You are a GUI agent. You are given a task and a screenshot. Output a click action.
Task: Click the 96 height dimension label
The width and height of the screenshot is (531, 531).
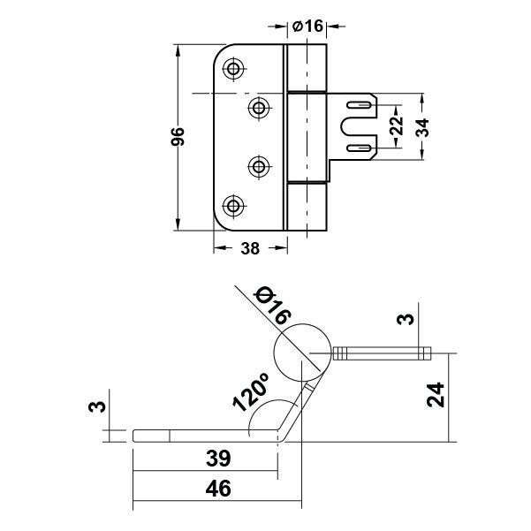click(177, 136)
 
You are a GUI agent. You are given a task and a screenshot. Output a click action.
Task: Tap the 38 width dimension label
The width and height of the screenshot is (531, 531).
click(250, 248)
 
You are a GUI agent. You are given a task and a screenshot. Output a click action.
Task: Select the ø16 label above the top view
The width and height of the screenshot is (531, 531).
click(307, 26)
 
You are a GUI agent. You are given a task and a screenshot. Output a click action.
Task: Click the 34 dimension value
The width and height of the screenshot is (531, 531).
click(422, 128)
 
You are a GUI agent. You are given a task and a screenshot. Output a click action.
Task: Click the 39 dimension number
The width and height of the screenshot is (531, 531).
click(218, 459)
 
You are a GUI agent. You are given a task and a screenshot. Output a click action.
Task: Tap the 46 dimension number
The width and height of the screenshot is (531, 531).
click(218, 489)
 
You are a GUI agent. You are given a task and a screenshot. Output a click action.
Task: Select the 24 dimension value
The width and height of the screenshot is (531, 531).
click(436, 395)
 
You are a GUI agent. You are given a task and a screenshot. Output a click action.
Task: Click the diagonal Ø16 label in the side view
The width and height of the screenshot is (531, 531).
click(274, 306)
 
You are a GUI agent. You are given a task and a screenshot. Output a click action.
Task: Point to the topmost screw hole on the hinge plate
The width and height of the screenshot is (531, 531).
click(233, 69)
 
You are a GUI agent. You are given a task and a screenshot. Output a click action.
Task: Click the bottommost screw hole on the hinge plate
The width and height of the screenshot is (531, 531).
click(233, 206)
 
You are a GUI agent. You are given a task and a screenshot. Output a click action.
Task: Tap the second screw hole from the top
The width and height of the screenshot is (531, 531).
click(259, 108)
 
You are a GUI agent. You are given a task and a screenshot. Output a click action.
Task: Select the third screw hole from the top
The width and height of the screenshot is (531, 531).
click(259, 166)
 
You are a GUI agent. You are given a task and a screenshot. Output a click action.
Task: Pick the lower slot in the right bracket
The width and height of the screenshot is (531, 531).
click(359, 148)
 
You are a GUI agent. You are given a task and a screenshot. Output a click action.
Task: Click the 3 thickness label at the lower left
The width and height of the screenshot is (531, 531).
click(97, 406)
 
